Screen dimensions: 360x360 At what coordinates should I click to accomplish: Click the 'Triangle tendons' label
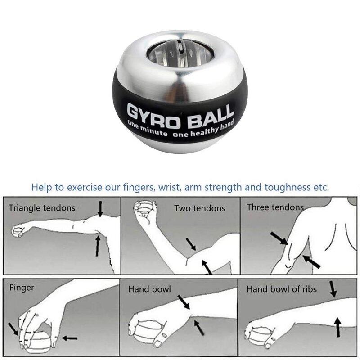coord(42,208)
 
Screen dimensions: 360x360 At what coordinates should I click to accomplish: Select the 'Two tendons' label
coord(200,208)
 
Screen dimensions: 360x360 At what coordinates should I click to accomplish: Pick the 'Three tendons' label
coord(275,207)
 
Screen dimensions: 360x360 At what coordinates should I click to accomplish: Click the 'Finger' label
coord(22,287)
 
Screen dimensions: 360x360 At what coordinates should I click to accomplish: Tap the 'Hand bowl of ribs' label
coord(281,289)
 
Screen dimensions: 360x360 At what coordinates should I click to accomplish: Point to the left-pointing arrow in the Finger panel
coord(70,337)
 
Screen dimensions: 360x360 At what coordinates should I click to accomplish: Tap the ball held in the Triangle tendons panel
coord(18,232)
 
